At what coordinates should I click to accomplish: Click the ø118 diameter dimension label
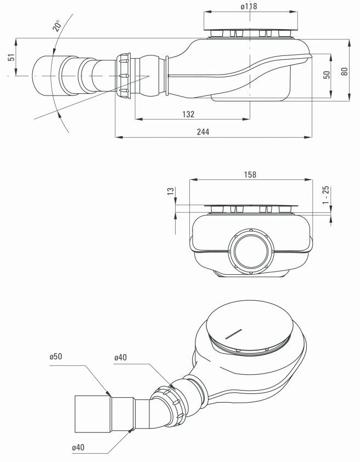coord(250,6)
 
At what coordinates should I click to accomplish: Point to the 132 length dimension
coord(189,114)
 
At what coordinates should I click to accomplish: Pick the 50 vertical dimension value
coord(326,75)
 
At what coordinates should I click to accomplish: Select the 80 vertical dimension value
coord(344,71)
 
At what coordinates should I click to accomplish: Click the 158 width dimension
coord(249,174)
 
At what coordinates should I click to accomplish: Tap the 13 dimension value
coord(171,191)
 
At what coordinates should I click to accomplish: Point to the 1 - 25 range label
coord(326,196)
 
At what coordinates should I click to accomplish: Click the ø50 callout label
coord(55,357)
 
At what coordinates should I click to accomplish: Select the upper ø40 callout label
coord(121,358)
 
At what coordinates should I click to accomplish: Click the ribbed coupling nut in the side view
coord(123,75)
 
